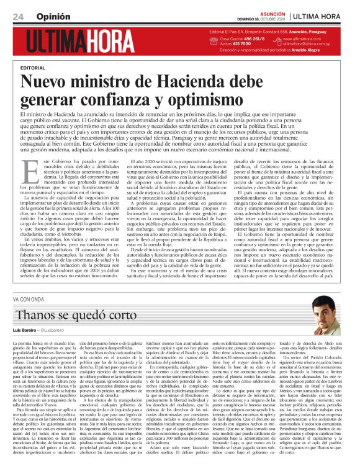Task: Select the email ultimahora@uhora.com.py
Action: coord(310,44)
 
